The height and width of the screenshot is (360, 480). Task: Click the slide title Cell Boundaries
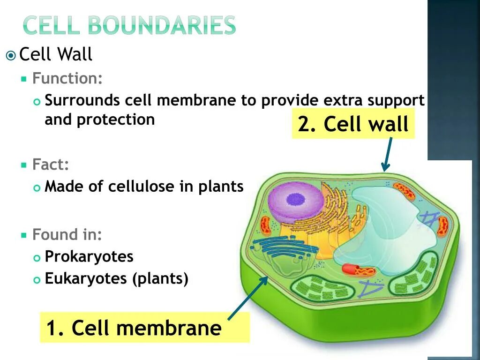click(129, 26)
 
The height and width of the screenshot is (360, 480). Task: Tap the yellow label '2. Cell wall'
click(353, 124)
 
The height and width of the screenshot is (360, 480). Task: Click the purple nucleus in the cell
click(296, 203)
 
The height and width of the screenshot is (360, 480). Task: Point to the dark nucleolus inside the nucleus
click(295, 199)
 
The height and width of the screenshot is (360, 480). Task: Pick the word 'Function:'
click(67, 78)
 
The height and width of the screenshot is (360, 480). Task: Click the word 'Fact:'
click(51, 165)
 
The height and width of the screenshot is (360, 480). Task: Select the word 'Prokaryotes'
click(89, 256)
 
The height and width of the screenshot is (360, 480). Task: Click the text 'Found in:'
click(67, 234)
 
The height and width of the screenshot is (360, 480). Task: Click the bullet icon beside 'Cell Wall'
click(11, 56)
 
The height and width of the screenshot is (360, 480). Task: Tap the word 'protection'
click(116, 120)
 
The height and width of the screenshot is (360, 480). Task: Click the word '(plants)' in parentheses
click(160, 279)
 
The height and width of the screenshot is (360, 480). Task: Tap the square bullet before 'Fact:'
click(24, 165)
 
